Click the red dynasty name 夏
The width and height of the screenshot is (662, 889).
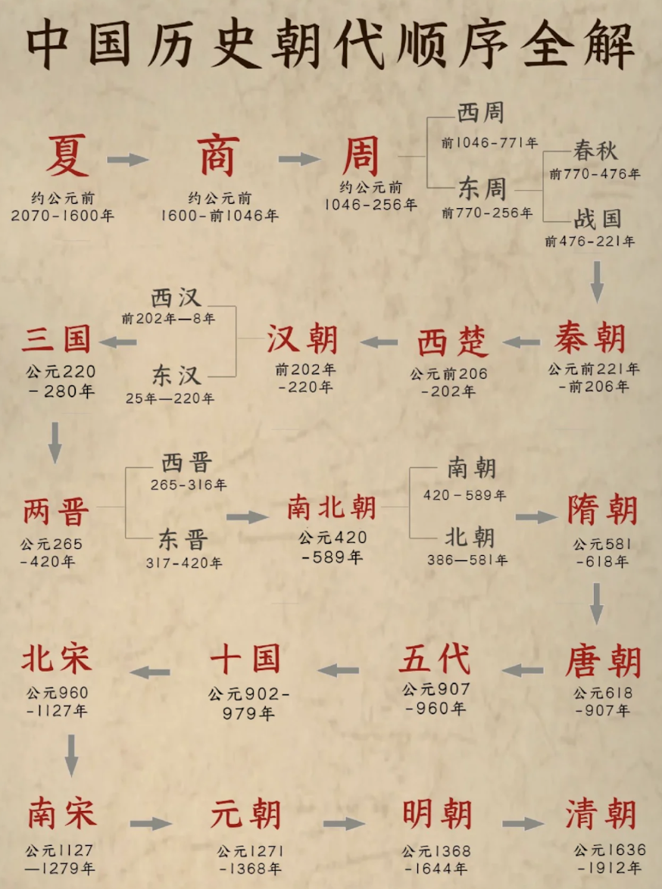[x=67, y=155]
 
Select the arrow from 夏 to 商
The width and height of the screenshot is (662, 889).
[x=128, y=160]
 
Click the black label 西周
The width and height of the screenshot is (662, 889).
[x=480, y=113]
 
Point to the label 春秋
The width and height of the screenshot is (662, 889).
[x=595, y=151]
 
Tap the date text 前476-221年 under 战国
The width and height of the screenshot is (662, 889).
[x=590, y=242]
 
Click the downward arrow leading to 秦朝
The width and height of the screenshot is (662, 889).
[x=597, y=282]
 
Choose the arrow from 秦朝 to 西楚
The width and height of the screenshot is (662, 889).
[x=521, y=342]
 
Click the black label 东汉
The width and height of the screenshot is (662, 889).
[x=176, y=376]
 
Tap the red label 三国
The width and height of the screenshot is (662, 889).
[x=56, y=338]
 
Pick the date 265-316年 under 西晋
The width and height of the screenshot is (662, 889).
[x=189, y=485]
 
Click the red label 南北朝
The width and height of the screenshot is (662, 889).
[x=331, y=507]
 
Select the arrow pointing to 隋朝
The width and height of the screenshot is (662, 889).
[x=536, y=516]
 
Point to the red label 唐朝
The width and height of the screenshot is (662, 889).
[x=603, y=661]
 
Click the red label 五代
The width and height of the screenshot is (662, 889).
[x=435, y=659]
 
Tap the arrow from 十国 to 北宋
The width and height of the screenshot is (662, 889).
[x=150, y=672]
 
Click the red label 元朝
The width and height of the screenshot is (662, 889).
[x=245, y=815]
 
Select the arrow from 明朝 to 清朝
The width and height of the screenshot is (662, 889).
[x=523, y=823]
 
